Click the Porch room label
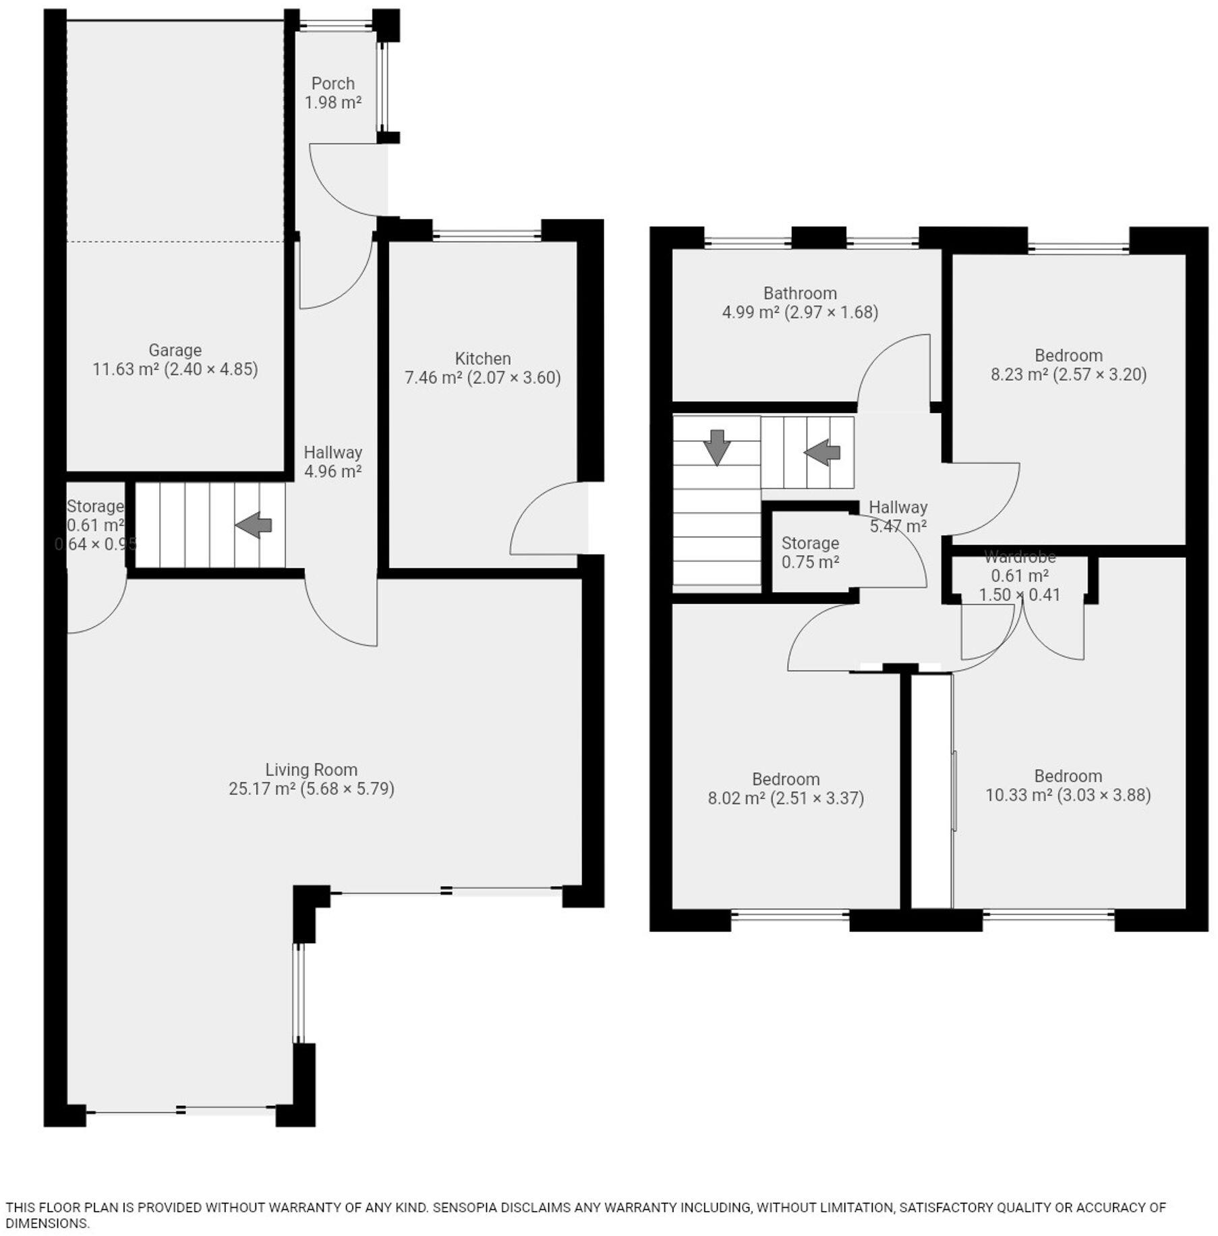332,84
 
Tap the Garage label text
175,350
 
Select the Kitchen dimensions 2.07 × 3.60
515,377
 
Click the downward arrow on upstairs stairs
716,447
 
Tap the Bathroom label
800,293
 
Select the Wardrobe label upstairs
1020,557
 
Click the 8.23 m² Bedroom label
1068,356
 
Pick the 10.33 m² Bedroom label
1068,776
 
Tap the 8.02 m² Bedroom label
786,779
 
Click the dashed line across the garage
175,242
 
